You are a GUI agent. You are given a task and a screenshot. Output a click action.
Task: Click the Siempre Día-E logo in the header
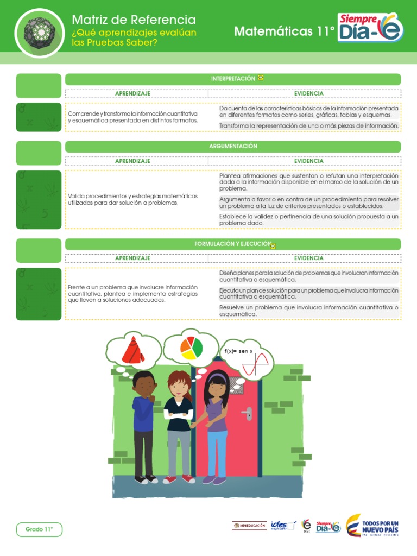[371, 28]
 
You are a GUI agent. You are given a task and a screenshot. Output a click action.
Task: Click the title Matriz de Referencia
[134, 20]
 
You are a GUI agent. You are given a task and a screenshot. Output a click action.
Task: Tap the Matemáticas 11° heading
[284, 32]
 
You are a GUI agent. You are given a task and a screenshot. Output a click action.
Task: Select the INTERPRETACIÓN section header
[233, 79]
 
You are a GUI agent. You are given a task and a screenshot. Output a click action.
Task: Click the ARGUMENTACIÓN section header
[233, 147]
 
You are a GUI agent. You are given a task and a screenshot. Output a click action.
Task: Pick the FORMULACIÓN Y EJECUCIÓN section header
[232, 244]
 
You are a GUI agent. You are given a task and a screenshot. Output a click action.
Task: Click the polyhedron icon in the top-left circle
[40, 32]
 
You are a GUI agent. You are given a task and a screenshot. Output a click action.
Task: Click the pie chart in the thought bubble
[191, 347]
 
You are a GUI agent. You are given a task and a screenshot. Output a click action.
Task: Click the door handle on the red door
[248, 414]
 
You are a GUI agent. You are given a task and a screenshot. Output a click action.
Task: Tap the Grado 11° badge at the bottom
[39, 529]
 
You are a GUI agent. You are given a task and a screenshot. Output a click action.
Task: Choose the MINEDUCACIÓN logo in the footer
[249, 526]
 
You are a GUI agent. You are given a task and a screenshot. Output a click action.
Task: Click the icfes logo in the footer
[283, 526]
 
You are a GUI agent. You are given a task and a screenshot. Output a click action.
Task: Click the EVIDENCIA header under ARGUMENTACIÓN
[308, 161]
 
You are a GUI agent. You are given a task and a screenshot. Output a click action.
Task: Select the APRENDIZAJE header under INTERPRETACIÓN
[132, 93]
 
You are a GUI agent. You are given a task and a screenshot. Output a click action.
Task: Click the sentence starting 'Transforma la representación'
[309, 126]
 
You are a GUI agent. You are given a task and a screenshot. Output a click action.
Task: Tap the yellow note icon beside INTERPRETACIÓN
[261, 78]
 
